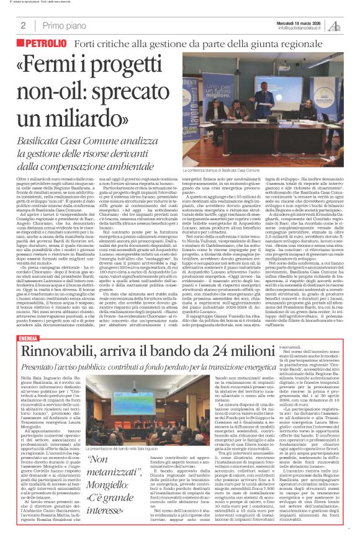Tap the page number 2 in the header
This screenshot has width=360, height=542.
[x=22, y=25]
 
